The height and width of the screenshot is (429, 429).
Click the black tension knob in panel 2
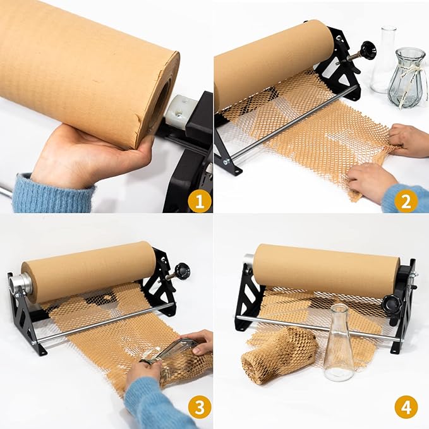point(368,50)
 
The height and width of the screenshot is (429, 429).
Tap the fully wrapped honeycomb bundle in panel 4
point(278,354)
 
